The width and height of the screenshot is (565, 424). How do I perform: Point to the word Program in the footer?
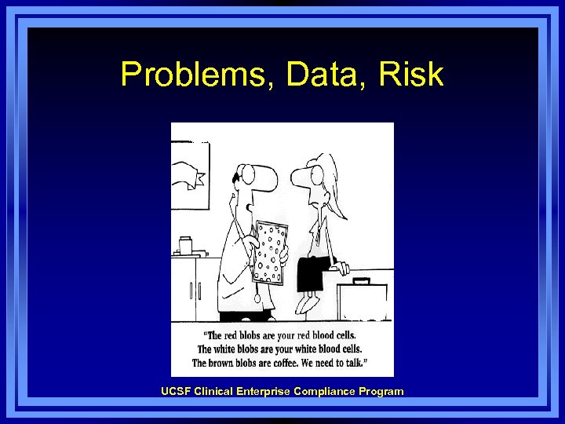tap(379, 391)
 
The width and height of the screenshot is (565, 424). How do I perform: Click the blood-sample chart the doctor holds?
tap(270, 251)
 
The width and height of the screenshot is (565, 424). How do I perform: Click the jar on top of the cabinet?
tap(186, 246)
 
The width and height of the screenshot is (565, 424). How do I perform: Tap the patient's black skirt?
tap(314, 271)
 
